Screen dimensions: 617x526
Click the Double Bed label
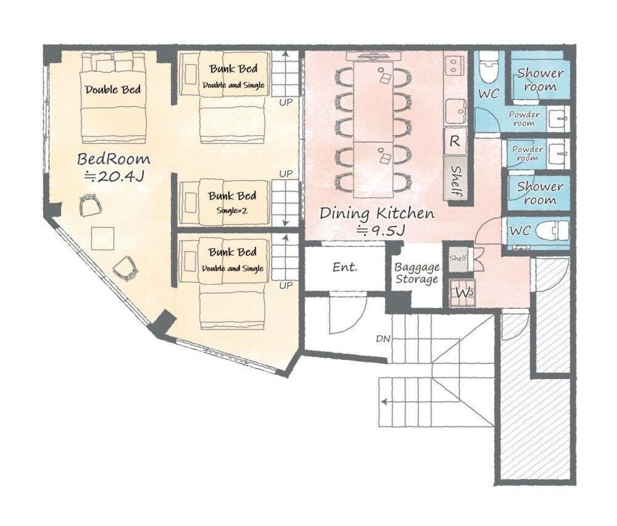pos(113,90)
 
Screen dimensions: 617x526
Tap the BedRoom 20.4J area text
pos(114,167)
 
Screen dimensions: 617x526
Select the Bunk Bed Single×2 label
pos(232,202)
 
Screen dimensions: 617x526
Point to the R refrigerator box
pos(455,141)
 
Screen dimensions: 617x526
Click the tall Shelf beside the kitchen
pos(455,180)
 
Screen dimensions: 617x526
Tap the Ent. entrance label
pos(345,267)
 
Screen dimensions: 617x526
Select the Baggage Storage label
pos(417,273)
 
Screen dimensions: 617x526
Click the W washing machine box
pos(463,293)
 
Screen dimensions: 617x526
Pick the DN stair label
pos(383,338)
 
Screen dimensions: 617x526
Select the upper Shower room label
pos(540,80)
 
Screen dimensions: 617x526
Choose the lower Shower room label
pos(540,193)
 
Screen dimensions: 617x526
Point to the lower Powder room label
pos(528,153)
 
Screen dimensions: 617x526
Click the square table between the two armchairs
pos(103,238)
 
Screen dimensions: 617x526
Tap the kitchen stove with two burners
pos(455,65)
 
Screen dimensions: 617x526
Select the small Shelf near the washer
pos(458,258)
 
